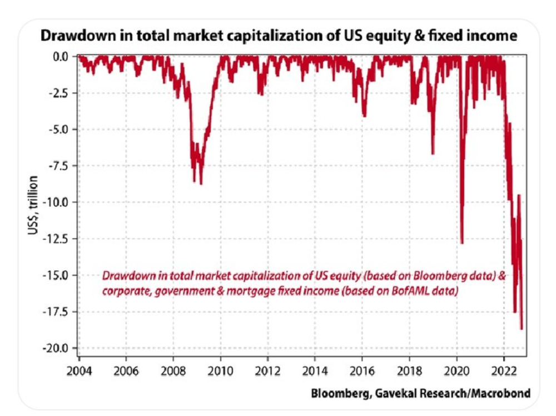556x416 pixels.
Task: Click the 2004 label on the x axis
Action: [79, 371]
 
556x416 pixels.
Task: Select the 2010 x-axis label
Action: [220, 371]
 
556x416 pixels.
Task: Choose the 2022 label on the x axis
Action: [503, 371]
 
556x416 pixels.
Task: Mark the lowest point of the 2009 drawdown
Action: [201, 184]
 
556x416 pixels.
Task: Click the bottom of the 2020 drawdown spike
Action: [461, 242]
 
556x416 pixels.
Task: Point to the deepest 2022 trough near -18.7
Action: [522, 329]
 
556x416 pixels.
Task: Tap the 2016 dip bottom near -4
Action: [364, 116]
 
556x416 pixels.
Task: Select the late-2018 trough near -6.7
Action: [433, 153]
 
